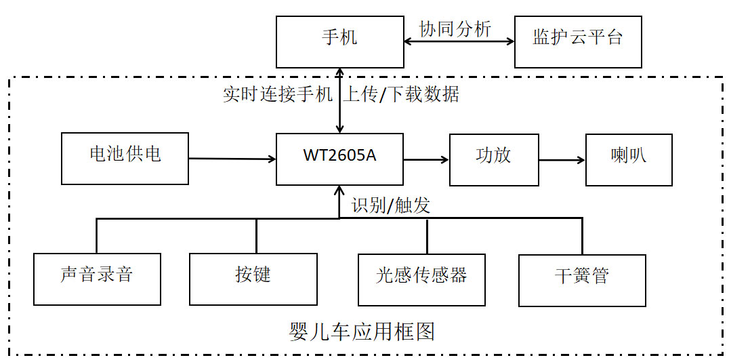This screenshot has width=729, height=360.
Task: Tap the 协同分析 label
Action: click(455, 28)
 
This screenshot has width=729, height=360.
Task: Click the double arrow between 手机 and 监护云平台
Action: click(459, 41)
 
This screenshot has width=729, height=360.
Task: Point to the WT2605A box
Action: click(339, 159)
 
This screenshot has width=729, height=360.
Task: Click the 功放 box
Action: click(494, 159)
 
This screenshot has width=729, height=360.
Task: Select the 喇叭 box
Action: click(629, 159)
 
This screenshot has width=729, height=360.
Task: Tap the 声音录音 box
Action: click(97, 279)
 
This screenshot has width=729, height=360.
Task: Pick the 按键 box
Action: click(253, 279)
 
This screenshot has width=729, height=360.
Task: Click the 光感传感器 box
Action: click(421, 279)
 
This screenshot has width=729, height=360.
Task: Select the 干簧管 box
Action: click(581, 279)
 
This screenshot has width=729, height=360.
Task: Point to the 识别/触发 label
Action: click(391, 205)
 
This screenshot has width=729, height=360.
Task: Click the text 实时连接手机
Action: click(277, 94)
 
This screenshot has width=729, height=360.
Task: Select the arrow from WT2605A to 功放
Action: click(426, 159)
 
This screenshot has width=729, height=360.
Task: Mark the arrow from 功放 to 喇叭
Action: click(562, 160)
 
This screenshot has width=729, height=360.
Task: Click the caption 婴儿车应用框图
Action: click(361, 332)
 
